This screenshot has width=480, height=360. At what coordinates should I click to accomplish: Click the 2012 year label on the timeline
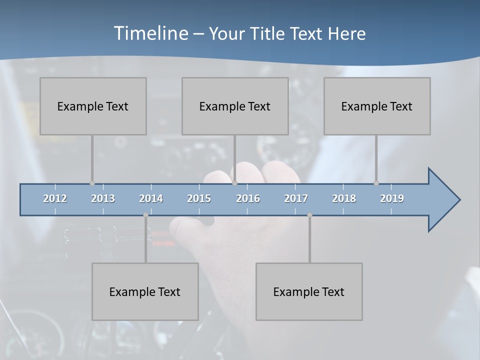click(55, 198)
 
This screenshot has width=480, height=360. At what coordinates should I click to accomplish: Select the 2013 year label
click(103, 198)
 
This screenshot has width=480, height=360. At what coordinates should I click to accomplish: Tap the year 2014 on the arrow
click(151, 198)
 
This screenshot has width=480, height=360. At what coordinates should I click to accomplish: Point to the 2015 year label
click(199, 198)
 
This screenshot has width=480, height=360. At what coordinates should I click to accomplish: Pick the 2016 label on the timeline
click(248, 198)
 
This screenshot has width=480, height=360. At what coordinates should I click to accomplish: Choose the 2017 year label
click(296, 198)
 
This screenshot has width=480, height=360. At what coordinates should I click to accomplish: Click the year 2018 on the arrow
click(344, 198)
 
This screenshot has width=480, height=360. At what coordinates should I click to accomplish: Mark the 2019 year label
click(392, 198)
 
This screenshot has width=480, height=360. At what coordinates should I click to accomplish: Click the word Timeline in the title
click(150, 33)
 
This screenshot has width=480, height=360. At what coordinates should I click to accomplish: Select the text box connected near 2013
click(93, 106)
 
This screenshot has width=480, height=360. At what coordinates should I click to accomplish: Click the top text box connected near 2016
click(235, 106)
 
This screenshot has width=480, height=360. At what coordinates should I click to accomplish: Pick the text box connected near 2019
click(377, 106)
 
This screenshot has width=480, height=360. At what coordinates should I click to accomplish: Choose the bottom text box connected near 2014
click(145, 291)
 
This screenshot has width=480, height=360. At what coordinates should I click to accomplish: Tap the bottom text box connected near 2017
click(309, 291)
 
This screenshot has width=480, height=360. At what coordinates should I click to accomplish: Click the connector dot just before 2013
click(92, 183)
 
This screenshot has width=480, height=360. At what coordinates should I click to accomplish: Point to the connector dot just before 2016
click(234, 183)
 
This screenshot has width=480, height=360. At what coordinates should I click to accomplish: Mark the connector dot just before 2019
click(376, 183)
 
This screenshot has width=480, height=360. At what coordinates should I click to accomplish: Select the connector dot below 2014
click(145, 215)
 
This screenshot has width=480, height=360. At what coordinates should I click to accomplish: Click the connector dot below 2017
click(309, 215)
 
